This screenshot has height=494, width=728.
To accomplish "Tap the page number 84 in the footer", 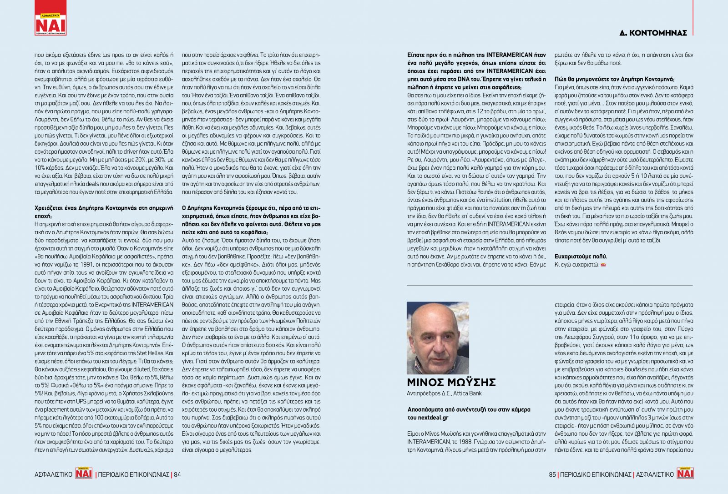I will click(x=177, y=474).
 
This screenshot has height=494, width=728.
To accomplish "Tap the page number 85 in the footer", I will click(x=552, y=474).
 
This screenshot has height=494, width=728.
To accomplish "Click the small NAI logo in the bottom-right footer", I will click(x=685, y=473).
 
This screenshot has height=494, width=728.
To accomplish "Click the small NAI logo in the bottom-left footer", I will click(x=84, y=473).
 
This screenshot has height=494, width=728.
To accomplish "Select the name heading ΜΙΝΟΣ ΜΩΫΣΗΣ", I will click(x=451, y=382).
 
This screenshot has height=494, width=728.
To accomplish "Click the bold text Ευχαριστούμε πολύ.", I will click(x=581, y=256).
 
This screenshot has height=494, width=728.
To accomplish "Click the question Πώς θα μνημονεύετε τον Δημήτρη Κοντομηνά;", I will click(x=614, y=79).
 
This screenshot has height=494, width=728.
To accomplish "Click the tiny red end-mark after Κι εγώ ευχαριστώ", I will click(x=603, y=265).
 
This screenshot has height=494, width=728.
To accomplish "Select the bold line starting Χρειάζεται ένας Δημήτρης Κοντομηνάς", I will click(x=104, y=208).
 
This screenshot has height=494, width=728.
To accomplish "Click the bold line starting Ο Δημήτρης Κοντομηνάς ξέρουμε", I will click(x=251, y=208).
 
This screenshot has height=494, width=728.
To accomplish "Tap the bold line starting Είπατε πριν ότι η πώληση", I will click(x=476, y=55).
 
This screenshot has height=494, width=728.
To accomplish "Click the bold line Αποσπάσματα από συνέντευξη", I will click(x=469, y=409).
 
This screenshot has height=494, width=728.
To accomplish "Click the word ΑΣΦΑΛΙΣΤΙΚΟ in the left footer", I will click(x=54, y=474).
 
